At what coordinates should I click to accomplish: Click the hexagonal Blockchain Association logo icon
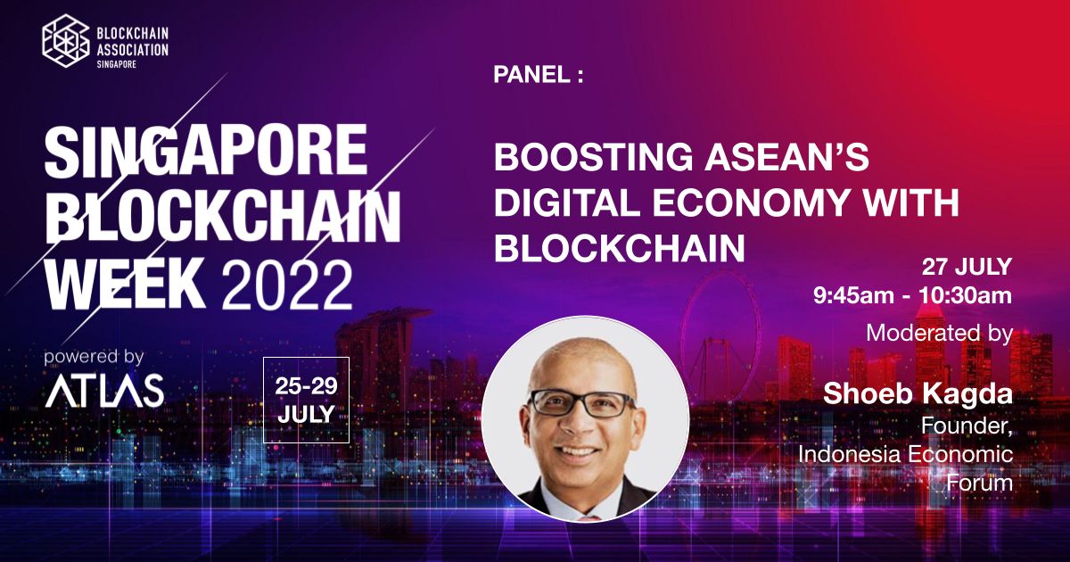[x=65, y=41]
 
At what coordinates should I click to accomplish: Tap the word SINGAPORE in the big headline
[x=206, y=151]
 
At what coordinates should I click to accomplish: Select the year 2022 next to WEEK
[x=286, y=286]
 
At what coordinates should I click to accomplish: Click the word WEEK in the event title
[x=126, y=285]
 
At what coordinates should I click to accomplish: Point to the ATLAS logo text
[x=104, y=391]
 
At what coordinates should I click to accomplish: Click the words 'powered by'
[x=94, y=357]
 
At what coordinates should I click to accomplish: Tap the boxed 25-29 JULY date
[x=306, y=400]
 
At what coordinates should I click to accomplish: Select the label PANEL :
[x=539, y=75]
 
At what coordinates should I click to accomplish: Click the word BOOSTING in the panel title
[x=593, y=157]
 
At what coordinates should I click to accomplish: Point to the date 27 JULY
[x=967, y=267]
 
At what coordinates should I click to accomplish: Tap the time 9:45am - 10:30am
[x=912, y=296]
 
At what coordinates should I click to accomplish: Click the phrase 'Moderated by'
[x=939, y=333]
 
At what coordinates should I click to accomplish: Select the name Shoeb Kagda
[x=918, y=393]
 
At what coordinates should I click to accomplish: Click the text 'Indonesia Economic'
[x=906, y=454]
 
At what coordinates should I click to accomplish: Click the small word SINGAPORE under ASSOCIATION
[x=117, y=64]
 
